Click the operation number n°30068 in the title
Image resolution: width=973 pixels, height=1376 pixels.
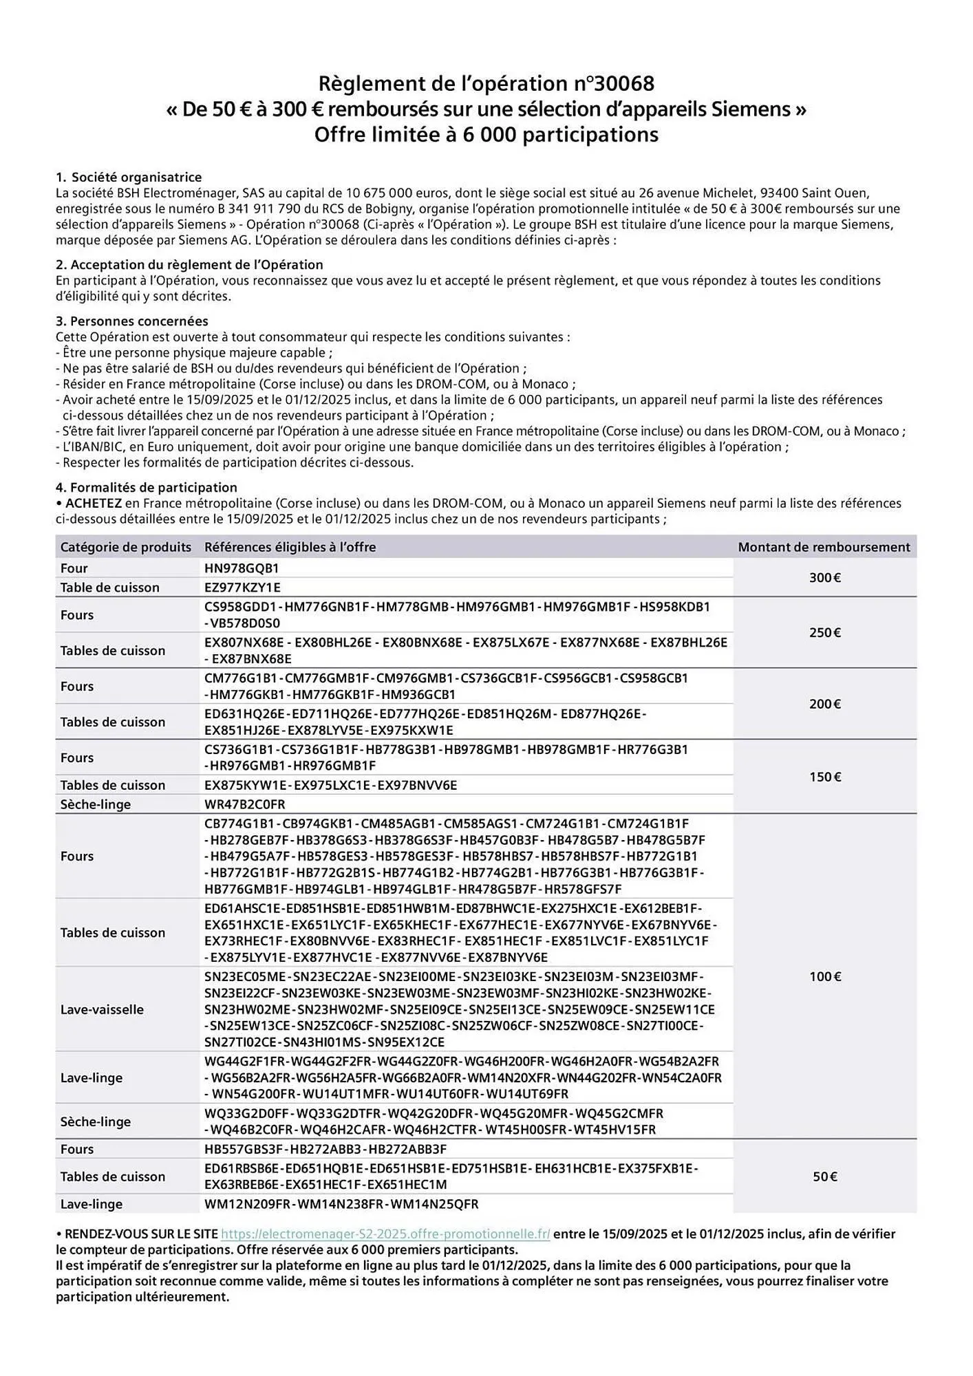[614, 84]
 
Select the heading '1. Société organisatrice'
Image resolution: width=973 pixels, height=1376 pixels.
[129, 177]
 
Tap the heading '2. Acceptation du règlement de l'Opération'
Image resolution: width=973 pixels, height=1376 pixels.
[189, 264]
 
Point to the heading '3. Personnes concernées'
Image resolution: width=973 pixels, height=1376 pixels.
[131, 321]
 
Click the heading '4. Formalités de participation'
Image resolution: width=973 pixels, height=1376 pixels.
[146, 487]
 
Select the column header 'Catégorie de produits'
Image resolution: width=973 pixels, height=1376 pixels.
[125, 547]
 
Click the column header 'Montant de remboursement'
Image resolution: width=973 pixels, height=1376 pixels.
[824, 547]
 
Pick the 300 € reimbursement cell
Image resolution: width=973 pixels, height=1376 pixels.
[824, 577]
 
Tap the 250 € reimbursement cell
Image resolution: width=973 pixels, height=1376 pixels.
[824, 632]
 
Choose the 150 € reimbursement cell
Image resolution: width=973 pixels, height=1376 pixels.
[824, 777]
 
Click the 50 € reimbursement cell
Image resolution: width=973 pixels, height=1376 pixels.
[824, 1176]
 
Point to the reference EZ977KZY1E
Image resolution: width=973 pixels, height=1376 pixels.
[242, 588]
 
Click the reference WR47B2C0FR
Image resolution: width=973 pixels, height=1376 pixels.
[244, 804]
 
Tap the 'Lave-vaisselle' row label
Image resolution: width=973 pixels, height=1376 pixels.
[102, 1009]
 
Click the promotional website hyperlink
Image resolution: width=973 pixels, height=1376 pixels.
[385, 1234]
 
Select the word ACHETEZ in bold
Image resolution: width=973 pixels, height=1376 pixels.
[94, 503]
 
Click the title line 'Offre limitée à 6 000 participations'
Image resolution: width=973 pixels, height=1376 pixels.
[486, 134]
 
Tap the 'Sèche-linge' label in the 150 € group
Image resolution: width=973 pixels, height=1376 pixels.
[95, 804]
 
